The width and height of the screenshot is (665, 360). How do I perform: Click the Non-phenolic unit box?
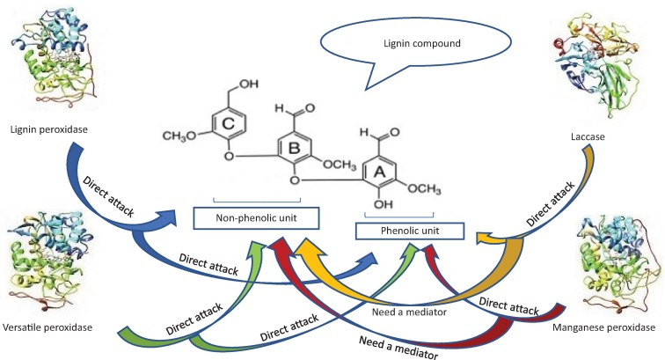[256, 217]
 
